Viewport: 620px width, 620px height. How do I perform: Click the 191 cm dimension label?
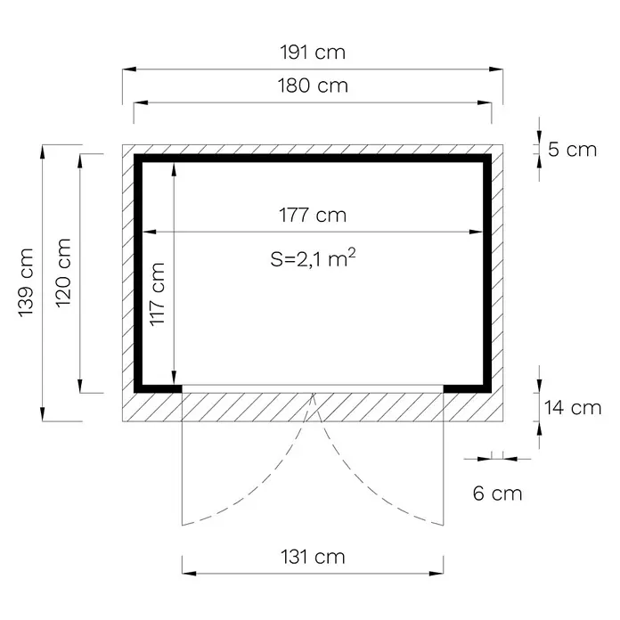coord(313,53)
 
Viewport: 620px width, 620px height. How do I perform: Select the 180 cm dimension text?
coord(313,86)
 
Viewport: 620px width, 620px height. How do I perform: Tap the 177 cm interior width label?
coord(313,215)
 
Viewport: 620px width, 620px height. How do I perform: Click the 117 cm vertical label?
coord(157,294)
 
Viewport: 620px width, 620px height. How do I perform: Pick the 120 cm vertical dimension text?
coord(63,273)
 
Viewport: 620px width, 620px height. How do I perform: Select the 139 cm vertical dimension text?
coord(26,282)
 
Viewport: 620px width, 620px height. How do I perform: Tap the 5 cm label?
coord(572,150)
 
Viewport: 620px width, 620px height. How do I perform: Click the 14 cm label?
coord(573,408)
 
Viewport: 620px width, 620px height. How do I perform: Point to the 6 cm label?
coord(497,494)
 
